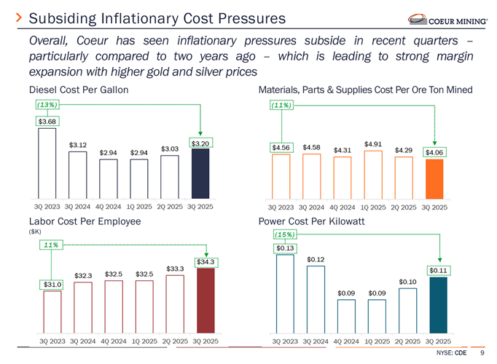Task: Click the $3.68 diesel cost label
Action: tap(47, 121)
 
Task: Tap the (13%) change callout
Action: tap(47, 106)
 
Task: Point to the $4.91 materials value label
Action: tap(373, 143)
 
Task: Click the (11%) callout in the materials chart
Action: tap(281, 106)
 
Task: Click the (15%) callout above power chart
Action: tap(285, 234)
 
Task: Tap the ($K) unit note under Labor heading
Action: tap(35, 231)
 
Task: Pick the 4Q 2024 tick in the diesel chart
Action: tap(108, 207)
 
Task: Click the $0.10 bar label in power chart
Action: tap(407, 282)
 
